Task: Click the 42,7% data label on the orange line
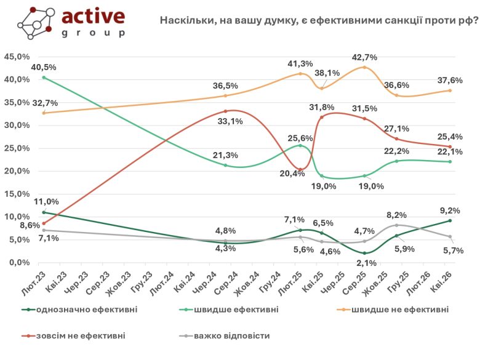pos(365,57)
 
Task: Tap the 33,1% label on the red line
pos(231,121)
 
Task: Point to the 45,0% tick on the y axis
pos(17,57)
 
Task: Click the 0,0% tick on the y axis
pos(19,262)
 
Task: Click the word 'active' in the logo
pos(93,17)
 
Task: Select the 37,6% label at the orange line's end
pos(450,79)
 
